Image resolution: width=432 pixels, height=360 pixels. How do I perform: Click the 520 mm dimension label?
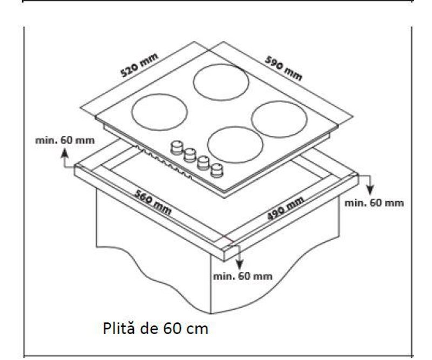[x=139, y=65]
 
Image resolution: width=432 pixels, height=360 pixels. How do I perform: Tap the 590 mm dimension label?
[x=283, y=69]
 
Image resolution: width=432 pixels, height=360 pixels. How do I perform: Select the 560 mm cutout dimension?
[x=153, y=202]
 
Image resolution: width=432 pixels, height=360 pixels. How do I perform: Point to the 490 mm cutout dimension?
[x=286, y=208]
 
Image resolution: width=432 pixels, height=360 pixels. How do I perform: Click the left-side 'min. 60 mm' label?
[x=65, y=140]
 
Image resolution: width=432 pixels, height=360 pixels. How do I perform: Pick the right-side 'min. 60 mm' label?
[x=374, y=203]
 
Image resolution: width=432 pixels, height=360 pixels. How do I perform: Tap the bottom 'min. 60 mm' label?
[x=242, y=276]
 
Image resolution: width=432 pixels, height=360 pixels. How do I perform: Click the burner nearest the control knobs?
[x=235, y=145]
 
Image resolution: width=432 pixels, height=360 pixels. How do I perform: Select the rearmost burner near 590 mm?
[x=221, y=82]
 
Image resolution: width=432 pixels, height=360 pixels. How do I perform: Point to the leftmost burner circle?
[x=159, y=112]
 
